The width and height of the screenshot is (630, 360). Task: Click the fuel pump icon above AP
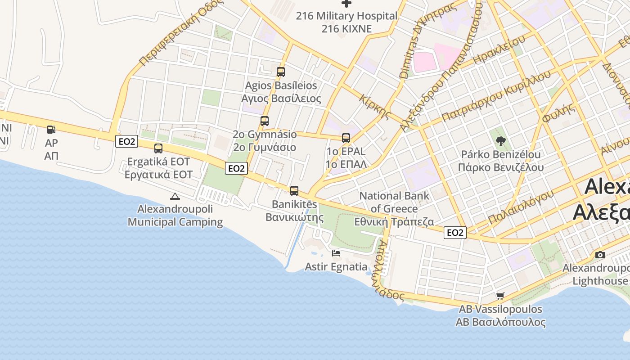coord(52,130)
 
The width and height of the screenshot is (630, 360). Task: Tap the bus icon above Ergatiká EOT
coord(158,148)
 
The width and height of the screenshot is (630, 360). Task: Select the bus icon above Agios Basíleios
coord(281,72)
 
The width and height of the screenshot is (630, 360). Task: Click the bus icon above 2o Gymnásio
coord(265,121)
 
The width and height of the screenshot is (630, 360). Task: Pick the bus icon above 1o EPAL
coord(346,138)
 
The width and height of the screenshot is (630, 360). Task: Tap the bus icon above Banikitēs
coord(294,191)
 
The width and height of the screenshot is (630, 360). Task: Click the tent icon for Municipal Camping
coord(175,196)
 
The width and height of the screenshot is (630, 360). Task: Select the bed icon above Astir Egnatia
coord(336,253)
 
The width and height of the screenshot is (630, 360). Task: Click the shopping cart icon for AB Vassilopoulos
coord(500,296)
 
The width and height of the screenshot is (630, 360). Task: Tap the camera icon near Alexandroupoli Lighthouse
coord(600,255)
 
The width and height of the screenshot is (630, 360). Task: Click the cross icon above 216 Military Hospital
coord(346,4)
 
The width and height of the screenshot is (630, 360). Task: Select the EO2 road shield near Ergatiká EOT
coord(126,141)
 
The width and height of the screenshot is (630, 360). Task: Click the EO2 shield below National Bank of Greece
coord(455,233)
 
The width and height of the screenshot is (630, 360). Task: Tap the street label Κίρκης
coord(375,107)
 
